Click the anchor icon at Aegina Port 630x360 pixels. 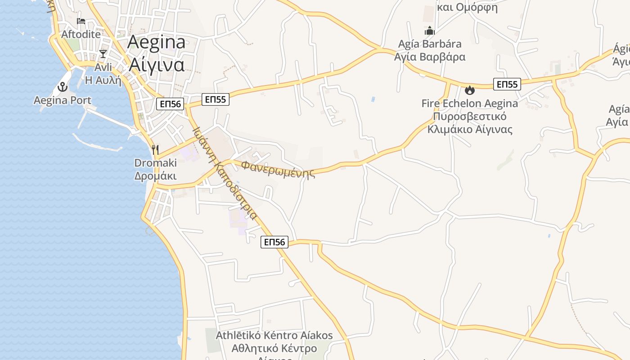(63, 87)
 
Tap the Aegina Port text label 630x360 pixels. (63, 100)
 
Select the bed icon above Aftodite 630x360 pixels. (81, 21)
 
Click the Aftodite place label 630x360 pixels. (81, 34)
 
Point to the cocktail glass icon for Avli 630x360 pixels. (103, 54)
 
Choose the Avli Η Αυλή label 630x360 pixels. (103, 74)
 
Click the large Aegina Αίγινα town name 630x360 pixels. (157, 53)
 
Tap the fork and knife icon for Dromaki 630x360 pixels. (155, 149)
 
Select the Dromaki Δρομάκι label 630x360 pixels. (155, 169)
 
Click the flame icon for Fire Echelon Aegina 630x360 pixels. (470, 90)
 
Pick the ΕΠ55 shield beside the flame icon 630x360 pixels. (507, 84)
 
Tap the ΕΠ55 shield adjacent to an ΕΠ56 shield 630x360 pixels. (215, 99)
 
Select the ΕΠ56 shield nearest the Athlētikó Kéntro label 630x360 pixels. (274, 242)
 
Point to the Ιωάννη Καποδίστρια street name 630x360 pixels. (225, 173)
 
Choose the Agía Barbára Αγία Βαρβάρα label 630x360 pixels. (430, 50)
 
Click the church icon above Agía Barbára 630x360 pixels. (430, 31)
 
